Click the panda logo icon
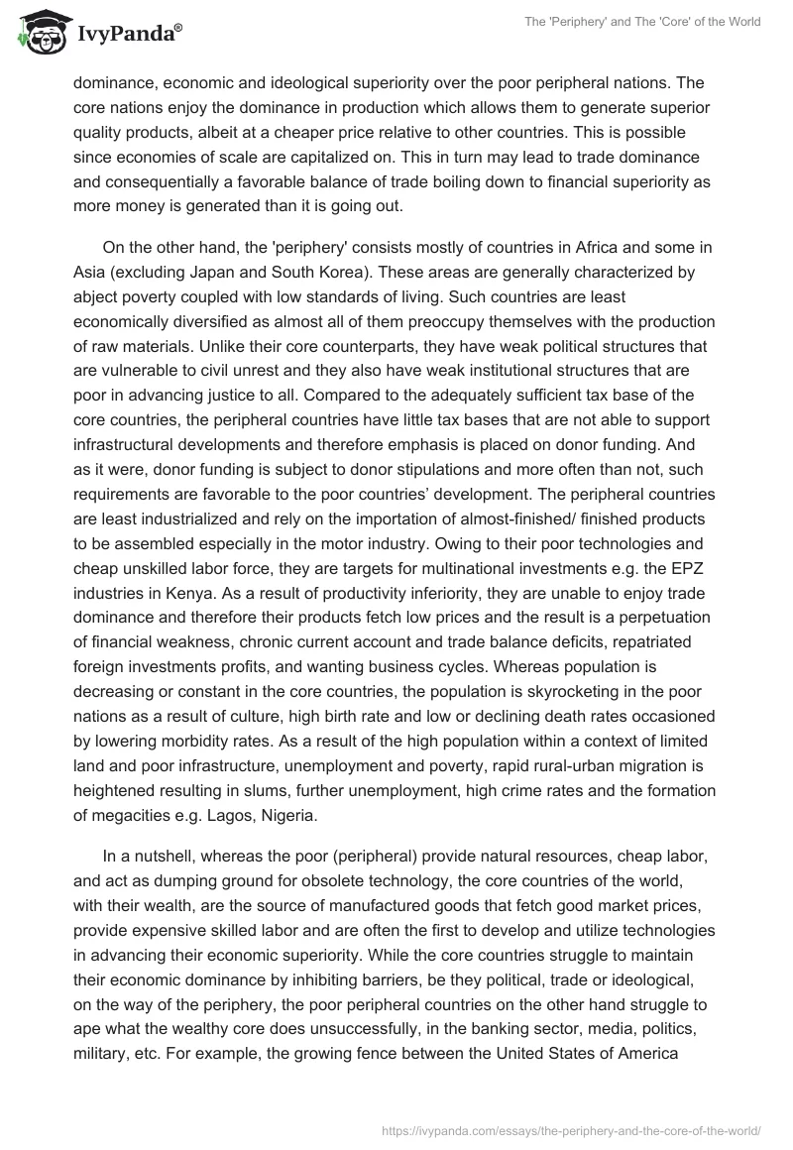[40, 32]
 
